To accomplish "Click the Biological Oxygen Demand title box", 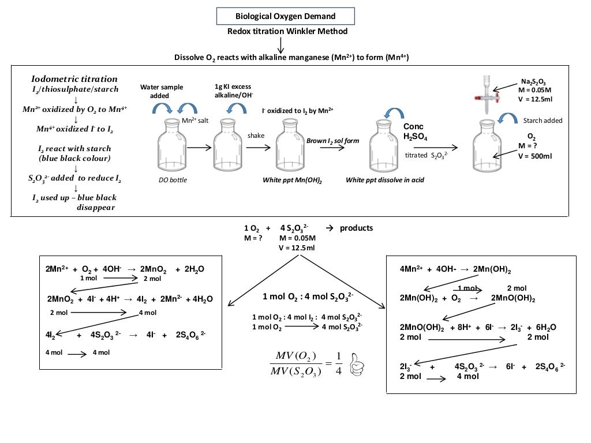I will pyautogui.click(x=286, y=16).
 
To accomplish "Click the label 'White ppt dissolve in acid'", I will pyautogui.click(x=385, y=180).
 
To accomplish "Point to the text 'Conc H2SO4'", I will pyautogui.click(x=414, y=131).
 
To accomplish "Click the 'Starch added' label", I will pyautogui.click(x=543, y=121).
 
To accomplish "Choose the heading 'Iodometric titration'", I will pyautogui.click(x=74, y=79).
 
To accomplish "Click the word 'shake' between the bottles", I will pyautogui.click(x=256, y=136).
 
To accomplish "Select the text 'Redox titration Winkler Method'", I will pyautogui.click(x=287, y=31).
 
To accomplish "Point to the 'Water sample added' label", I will pyautogui.click(x=162, y=91).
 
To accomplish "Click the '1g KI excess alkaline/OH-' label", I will pyautogui.click(x=234, y=91).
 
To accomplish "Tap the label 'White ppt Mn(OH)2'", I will pyautogui.click(x=292, y=180).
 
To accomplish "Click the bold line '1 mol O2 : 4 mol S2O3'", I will pyautogui.click(x=308, y=296).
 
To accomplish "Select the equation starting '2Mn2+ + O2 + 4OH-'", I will pyautogui.click(x=125, y=269).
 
